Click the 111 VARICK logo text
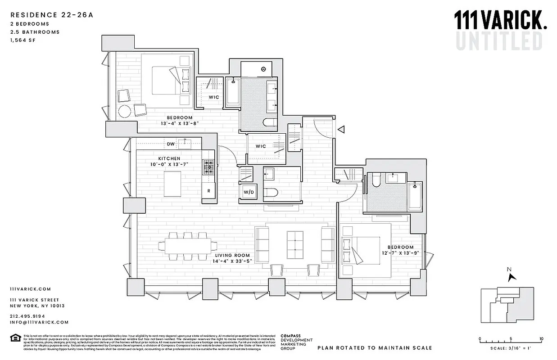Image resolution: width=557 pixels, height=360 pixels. (500, 21)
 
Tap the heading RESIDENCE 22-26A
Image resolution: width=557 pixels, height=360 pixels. (51, 15)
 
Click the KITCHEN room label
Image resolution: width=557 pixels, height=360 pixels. (169, 158)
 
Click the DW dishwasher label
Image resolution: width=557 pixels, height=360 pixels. (171, 144)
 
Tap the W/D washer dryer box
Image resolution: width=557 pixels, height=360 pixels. (248, 193)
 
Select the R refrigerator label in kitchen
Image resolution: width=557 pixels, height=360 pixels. (208, 191)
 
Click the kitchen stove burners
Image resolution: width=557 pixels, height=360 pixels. (208, 167)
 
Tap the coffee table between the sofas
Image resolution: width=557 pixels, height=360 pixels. (295, 242)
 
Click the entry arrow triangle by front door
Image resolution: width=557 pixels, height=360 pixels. (341, 130)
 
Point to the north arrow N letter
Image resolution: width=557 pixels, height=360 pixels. (509, 270)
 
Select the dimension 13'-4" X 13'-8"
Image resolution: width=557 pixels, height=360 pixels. (179, 123)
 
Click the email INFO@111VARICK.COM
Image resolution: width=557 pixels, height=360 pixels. (39, 322)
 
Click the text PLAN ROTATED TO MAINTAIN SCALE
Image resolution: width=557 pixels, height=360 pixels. (375, 348)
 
